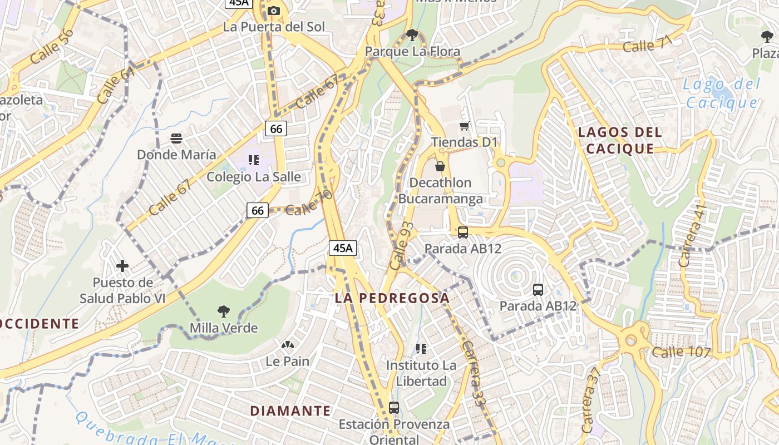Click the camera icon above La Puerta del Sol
[273, 11]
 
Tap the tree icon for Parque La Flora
[412, 36]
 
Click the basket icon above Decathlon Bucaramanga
[440, 166]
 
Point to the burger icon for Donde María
[176, 138]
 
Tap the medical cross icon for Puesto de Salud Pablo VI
[122, 266]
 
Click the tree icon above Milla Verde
[224, 311]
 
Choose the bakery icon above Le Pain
[287, 345]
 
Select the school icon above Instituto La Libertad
[421, 349]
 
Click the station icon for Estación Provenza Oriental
[394, 407]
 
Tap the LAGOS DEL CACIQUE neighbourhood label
[620, 140]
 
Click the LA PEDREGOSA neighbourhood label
[392, 298]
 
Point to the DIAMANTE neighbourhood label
[290, 411]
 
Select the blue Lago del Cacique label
[722, 93]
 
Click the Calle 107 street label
[681, 352]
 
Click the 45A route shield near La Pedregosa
[343, 248]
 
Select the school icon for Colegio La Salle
[254, 161]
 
